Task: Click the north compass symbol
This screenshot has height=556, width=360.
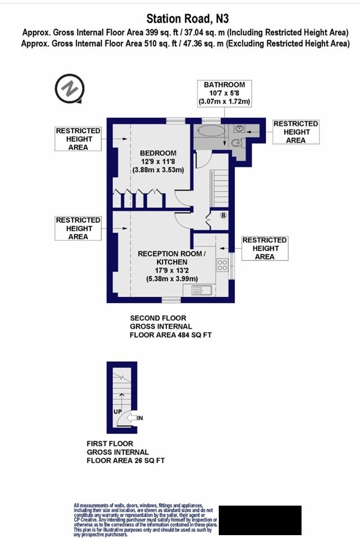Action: pyautogui.click(x=69, y=88)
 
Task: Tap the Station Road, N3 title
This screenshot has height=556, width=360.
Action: pyautogui.click(x=188, y=19)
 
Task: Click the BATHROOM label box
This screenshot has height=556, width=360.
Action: pyautogui.click(x=225, y=93)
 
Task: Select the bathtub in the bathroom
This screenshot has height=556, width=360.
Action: pyautogui.click(x=210, y=131)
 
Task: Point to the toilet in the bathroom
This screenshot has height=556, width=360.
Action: pyautogui.click(x=237, y=142)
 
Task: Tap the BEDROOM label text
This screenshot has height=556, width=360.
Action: pyautogui.click(x=158, y=153)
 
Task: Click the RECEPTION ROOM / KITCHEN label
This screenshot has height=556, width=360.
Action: pyautogui.click(x=172, y=258)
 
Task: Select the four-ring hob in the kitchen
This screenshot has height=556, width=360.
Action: pyautogui.click(x=222, y=265)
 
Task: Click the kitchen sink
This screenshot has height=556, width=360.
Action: pyautogui.click(x=201, y=290)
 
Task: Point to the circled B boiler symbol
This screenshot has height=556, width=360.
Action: pyautogui.click(x=223, y=215)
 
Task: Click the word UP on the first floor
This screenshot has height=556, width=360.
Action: pyautogui.click(x=117, y=412)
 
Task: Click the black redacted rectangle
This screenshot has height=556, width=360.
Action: pyautogui.click(x=260, y=520)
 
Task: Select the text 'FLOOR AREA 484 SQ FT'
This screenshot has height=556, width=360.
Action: pyautogui.click(x=171, y=335)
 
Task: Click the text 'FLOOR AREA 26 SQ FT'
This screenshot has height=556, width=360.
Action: pyautogui.click(x=126, y=460)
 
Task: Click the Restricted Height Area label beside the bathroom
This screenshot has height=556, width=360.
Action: pyautogui.click(x=296, y=132)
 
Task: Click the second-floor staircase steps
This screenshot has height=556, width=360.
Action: pyautogui.click(x=220, y=188)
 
